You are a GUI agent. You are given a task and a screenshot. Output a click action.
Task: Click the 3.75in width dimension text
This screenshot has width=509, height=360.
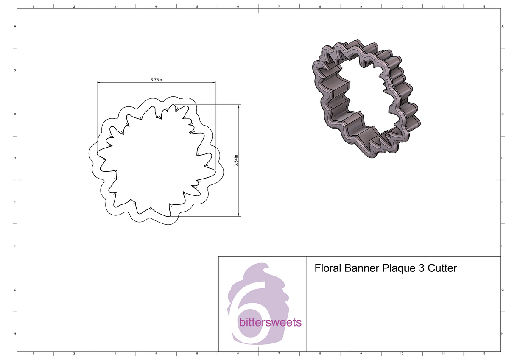point(156,79)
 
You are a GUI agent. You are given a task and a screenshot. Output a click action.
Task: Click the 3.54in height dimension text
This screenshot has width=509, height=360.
point(236,160)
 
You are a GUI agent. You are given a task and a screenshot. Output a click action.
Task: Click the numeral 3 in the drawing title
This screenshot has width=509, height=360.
point(419,268)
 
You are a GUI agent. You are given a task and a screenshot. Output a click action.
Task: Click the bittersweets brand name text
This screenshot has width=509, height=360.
point(271,322)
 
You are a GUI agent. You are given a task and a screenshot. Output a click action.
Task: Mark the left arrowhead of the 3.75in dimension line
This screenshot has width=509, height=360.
point(99,82)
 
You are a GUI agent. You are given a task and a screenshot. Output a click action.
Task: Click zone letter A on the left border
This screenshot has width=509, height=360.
point(15,27)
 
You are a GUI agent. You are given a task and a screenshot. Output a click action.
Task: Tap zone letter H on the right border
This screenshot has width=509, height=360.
point(502,334)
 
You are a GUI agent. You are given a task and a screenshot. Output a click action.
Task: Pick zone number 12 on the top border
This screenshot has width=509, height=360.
point(484,7)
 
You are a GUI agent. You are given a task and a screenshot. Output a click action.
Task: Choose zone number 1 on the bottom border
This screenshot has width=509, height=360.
point(33,354)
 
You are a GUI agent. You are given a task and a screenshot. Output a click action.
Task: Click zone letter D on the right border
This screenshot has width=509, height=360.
point(502,158)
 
